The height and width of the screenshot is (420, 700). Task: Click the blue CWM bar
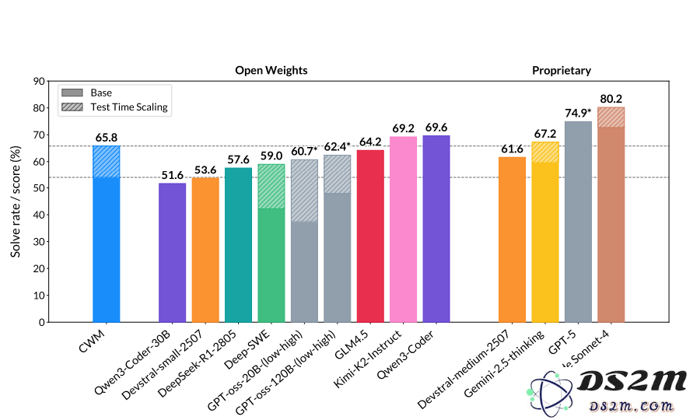point(106,249)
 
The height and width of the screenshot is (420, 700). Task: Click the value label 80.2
point(611,100)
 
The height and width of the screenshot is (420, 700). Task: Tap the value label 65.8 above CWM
point(107,138)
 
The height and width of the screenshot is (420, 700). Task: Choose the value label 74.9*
point(578,113)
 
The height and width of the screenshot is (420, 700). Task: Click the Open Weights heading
point(271,70)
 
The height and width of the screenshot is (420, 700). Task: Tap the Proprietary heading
point(562,70)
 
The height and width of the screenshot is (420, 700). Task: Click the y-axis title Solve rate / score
point(16,201)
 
